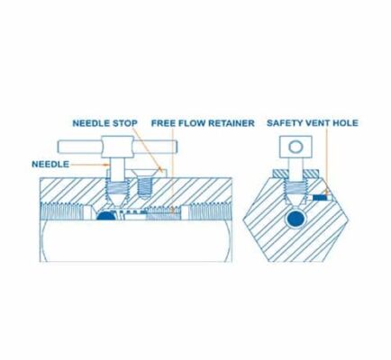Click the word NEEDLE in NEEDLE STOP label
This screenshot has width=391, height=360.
point(91,123)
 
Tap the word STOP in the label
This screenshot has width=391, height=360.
point(125,123)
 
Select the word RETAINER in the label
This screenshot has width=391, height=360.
point(232,123)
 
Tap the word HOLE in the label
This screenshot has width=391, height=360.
point(346,123)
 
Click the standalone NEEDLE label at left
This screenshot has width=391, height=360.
point(50,164)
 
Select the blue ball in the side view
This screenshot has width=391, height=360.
point(105,216)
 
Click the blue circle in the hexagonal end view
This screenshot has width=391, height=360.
point(296,219)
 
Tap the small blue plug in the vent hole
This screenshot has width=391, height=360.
point(320,198)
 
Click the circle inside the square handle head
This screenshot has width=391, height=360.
point(296,147)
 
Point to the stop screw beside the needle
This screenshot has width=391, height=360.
point(145,184)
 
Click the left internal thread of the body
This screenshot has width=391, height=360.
point(62,211)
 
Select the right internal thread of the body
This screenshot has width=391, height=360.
point(210,211)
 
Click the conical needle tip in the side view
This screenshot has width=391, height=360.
point(117,201)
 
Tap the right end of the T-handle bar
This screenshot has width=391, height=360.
point(177,147)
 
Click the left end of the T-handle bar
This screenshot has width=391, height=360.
point(59,147)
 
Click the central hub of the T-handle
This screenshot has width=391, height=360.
point(117,147)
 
